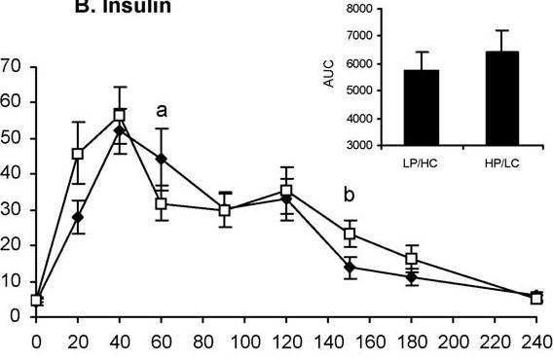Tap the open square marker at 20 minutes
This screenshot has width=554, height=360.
coord(78,154)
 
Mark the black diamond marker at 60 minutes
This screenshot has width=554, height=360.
coord(162,158)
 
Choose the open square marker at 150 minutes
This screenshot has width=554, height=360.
coord(349,234)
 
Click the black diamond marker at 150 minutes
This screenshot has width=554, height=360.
coord(349,267)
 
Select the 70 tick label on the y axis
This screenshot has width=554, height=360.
coord(12,67)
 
